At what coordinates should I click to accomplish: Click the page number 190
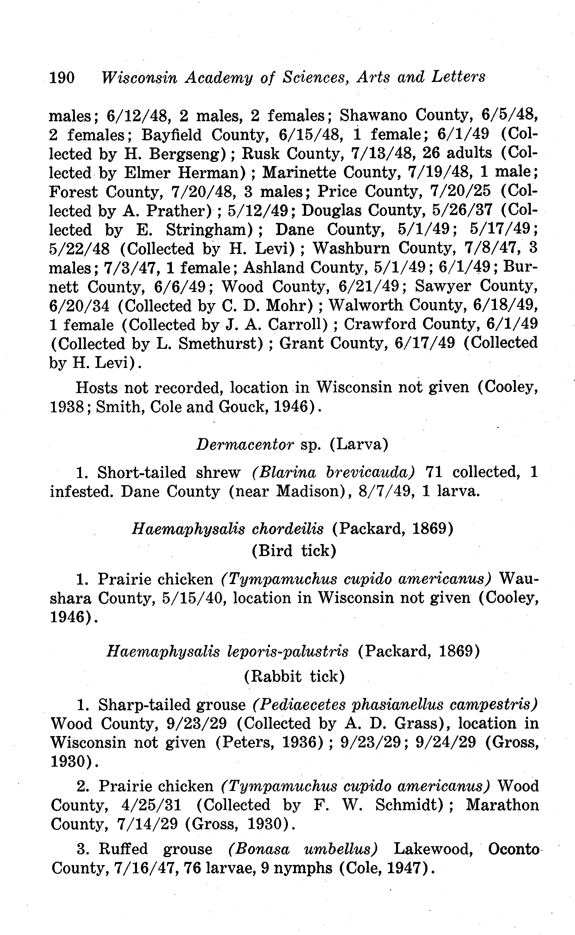(62, 78)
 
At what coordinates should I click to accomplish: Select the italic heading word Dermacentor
(245, 444)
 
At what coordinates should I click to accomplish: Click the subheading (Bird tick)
(294, 550)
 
